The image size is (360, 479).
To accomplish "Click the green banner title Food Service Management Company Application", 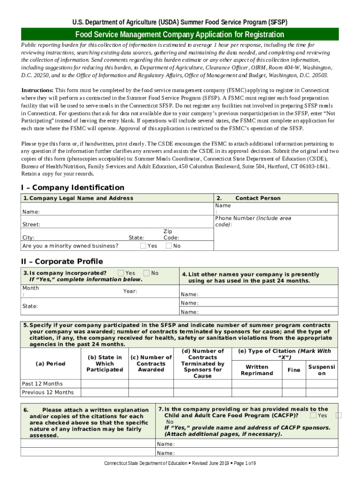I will pyautogui.click(x=180, y=35).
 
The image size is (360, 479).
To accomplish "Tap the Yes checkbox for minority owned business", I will pyautogui.click(x=143, y=246).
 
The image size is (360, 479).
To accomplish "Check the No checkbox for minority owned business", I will pyautogui.click(x=169, y=246).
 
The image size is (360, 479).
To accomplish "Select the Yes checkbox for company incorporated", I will pyautogui.click(x=121, y=273).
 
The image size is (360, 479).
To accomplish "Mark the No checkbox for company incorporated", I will pyautogui.click(x=146, y=273).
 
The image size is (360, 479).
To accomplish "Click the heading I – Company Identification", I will pyautogui.click(x=72, y=188).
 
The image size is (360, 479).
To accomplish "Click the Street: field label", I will pyautogui.click(x=31, y=225).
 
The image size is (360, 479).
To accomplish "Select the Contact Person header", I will pyautogui.click(x=258, y=198).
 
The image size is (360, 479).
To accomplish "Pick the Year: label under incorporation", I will pyautogui.click(x=130, y=291).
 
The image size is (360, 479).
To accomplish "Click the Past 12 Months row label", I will pyautogui.click(x=42, y=384).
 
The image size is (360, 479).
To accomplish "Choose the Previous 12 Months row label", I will pyautogui.click(x=48, y=392).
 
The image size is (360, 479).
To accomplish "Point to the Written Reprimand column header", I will pyautogui.click(x=257, y=370).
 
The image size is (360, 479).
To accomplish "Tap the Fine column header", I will pyautogui.click(x=294, y=370).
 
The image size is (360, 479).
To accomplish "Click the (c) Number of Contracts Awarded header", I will pyautogui.click(x=151, y=363).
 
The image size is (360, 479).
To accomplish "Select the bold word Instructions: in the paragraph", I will pyautogui.click(x=37, y=90).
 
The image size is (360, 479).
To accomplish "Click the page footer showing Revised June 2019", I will pyautogui.click(x=180, y=463).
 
